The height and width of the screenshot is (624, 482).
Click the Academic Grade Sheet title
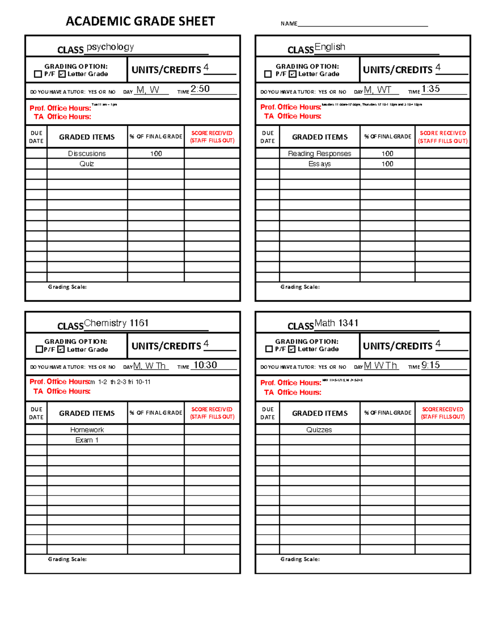[x=140, y=21]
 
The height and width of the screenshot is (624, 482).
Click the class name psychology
[x=110, y=47]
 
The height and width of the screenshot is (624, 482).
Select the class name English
[x=330, y=47]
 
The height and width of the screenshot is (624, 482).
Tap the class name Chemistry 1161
[x=116, y=323]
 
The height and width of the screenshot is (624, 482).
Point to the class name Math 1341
[x=336, y=323]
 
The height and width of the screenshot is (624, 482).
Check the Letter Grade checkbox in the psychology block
[x=62, y=74]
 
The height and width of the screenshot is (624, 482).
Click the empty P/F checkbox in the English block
[x=268, y=74]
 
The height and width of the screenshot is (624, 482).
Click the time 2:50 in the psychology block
[x=200, y=89]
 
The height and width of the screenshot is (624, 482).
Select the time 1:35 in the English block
[x=431, y=89]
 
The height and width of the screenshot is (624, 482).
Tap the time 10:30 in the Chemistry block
[x=205, y=365]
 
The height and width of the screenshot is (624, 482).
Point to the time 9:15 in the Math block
[x=431, y=365]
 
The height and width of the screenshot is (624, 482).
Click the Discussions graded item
[x=87, y=153]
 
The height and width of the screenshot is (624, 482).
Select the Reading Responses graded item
[x=319, y=153]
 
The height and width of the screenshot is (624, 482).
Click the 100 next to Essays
[x=387, y=164]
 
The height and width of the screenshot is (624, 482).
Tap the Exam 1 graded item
[x=87, y=440]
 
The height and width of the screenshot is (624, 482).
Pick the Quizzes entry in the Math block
[x=319, y=430]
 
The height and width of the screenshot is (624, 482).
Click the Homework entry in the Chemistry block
[x=87, y=430]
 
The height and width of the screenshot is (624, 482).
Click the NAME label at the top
[x=289, y=24]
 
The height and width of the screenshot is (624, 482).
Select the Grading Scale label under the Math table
[x=300, y=559]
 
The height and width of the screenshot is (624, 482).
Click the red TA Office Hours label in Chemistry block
[x=62, y=391]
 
